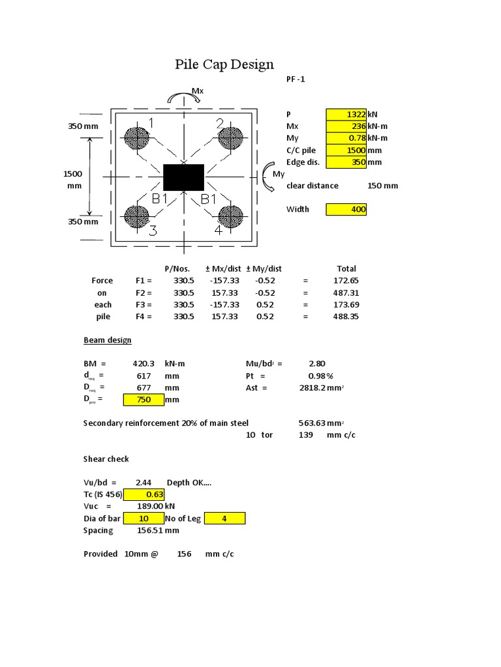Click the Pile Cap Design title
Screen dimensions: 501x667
pos(224,64)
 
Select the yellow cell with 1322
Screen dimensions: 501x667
pos(346,115)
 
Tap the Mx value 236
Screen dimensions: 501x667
pos(346,126)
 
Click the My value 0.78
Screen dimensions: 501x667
pos(346,138)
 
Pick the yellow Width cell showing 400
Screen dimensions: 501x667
pos(346,209)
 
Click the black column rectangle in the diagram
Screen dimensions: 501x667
pos(183,177)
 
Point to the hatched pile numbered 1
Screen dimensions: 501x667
pos(137,138)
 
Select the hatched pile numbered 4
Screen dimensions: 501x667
pos(230,216)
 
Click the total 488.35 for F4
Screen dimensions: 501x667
pos(346,317)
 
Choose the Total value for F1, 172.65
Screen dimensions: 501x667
pos(346,281)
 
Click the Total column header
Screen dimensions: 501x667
pos(346,268)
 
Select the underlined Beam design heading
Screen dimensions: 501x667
pos(108,340)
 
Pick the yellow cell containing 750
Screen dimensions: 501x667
pos(144,399)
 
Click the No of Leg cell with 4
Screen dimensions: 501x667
pos(225,518)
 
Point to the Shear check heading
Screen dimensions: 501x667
pos(106,459)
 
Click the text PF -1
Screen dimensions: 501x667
pos(296,79)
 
